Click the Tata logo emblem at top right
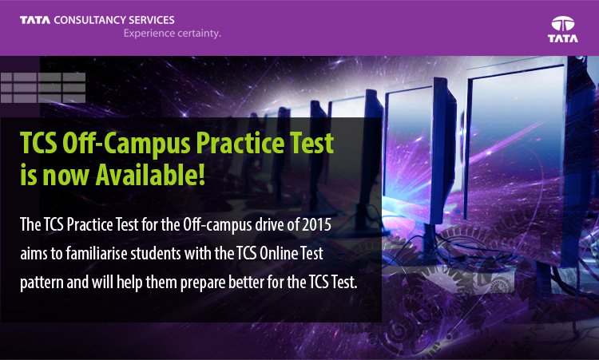(563, 24)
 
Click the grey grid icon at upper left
(43, 88)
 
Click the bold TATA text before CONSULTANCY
(35, 20)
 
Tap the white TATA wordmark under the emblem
(563, 38)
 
